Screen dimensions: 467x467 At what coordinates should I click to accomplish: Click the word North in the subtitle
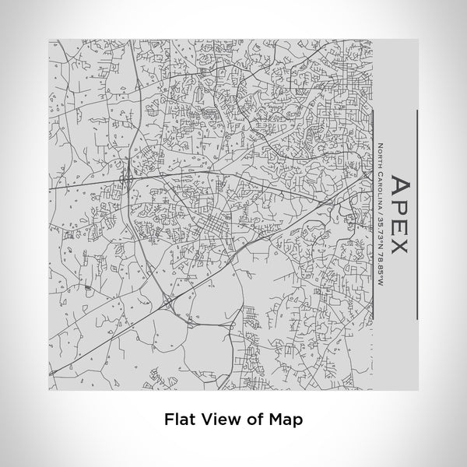pyautogui.click(x=380, y=157)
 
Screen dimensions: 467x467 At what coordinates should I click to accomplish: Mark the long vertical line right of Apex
pyautogui.click(x=417, y=214)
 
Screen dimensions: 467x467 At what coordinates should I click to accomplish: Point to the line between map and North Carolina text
pyautogui.click(x=371, y=214)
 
